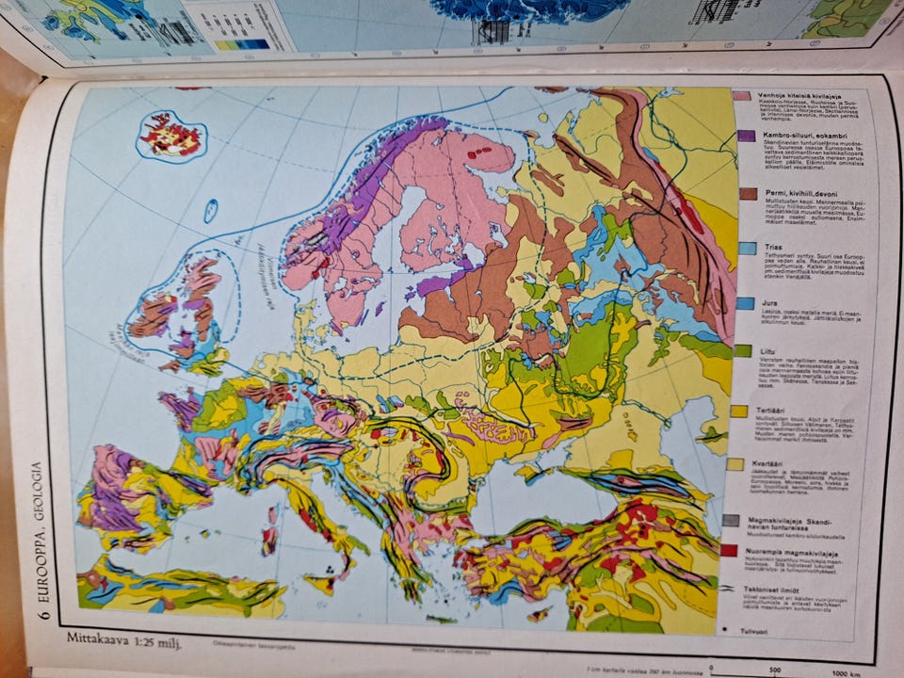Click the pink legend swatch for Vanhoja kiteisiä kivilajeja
[742, 96]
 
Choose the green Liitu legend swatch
[742, 351]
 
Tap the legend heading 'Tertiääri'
[771, 411]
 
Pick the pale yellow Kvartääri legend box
[736, 464]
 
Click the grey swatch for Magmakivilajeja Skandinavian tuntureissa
[732, 520]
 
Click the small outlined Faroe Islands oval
[210, 211]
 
